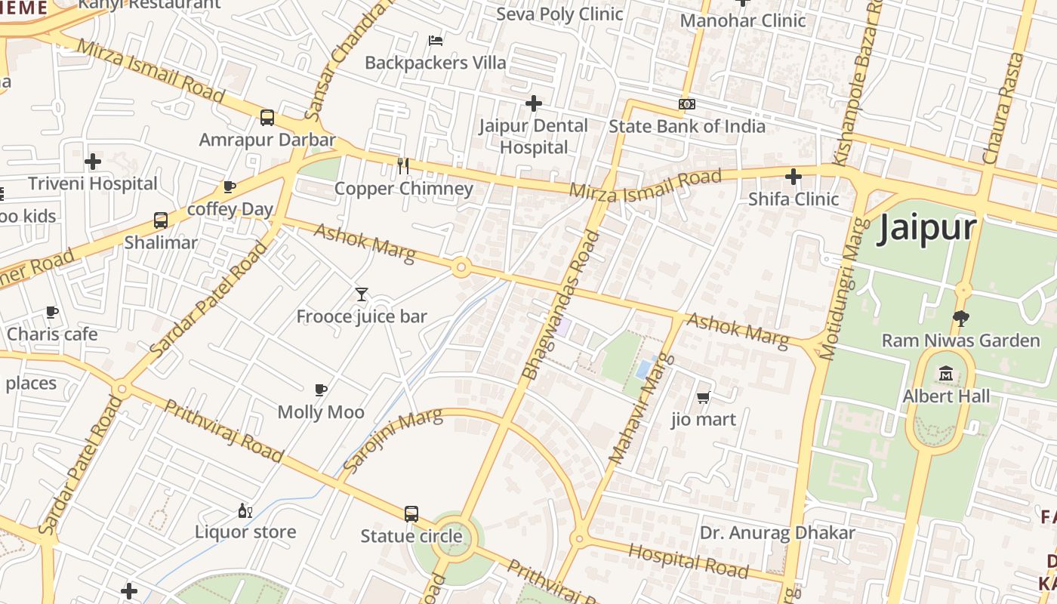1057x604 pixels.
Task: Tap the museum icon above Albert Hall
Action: pyautogui.click(x=946, y=373)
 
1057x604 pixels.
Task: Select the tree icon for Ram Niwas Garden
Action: pyautogui.click(x=960, y=319)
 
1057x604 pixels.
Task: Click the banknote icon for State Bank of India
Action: pyautogui.click(x=686, y=104)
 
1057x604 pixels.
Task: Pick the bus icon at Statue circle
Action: pyautogui.click(x=411, y=514)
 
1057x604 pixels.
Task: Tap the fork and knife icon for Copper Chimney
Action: pyautogui.click(x=403, y=166)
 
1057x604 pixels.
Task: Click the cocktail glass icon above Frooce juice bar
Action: pyautogui.click(x=362, y=294)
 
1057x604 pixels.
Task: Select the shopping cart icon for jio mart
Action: pyautogui.click(x=703, y=397)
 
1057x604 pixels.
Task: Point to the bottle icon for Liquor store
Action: pyautogui.click(x=245, y=510)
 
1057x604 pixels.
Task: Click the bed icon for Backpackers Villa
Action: pyautogui.click(x=435, y=40)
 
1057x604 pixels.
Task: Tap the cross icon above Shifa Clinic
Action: pyautogui.click(x=793, y=177)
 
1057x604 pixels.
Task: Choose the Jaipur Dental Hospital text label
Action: pyautogui.click(x=533, y=136)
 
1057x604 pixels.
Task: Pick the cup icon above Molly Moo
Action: pyautogui.click(x=321, y=390)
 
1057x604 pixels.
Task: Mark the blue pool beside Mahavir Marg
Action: pyautogui.click(x=644, y=369)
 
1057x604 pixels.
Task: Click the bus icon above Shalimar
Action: pyautogui.click(x=160, y=220)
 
